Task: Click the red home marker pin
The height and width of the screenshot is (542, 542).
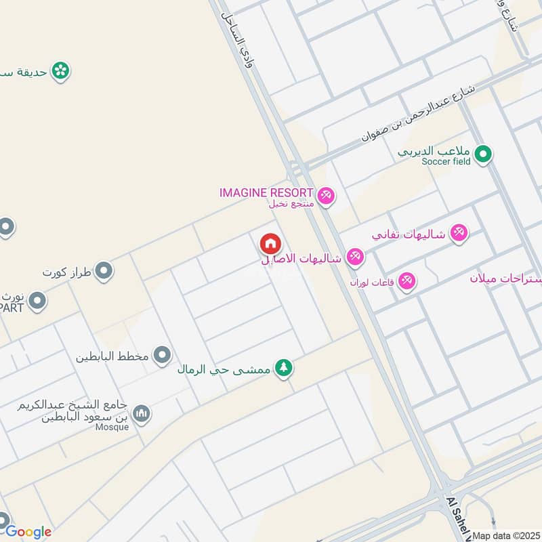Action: point(270,244)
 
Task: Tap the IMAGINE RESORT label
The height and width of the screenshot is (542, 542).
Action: point(266,192)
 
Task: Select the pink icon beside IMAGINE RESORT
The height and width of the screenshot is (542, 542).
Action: point(326,196)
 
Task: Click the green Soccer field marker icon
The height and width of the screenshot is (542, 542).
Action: point(482,154)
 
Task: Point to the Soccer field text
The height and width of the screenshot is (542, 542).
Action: point(446,162)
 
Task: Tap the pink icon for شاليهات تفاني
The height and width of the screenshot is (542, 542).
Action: point(459,233)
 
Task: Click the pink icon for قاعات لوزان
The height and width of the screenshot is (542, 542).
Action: point(406,280)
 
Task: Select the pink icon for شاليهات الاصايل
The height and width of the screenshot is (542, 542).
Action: point(355,257)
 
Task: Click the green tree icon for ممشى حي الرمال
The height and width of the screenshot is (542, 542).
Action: point(285,368)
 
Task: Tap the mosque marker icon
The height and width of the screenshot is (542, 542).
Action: point(141,413)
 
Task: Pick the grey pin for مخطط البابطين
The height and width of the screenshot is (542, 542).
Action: point(162,354)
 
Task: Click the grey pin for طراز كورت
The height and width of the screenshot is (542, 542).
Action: point(104,272)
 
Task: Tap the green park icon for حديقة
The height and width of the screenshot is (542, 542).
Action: point(61,70)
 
